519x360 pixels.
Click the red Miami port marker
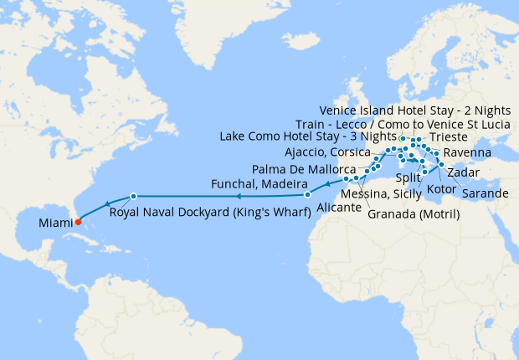point(77,222)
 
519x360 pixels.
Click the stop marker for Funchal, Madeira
point(307,194)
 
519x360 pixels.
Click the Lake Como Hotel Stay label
point(307,136)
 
